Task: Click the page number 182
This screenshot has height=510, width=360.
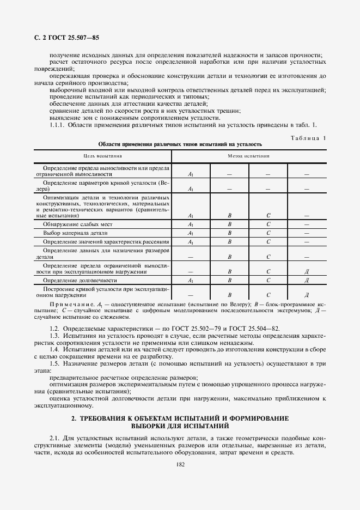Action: click(x=180, y=464)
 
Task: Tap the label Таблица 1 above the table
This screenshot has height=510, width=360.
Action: click(x=306, y=138)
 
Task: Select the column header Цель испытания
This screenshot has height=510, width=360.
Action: click(x=103, y=156)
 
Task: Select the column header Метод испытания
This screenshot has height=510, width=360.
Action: click(x=249, y=156)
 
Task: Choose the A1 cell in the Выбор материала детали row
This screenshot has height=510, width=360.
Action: click(x=191, y=233)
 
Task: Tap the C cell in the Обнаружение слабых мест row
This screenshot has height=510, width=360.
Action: click(x=269, y=224)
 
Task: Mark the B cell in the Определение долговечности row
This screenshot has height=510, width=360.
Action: click(x=229, y=280)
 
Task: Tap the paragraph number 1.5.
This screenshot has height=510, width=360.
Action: click(x=54, y=363)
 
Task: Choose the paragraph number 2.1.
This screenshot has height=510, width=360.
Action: click(x=54, y=438)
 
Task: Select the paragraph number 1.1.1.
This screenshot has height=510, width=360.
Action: click(x=57, y=125)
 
